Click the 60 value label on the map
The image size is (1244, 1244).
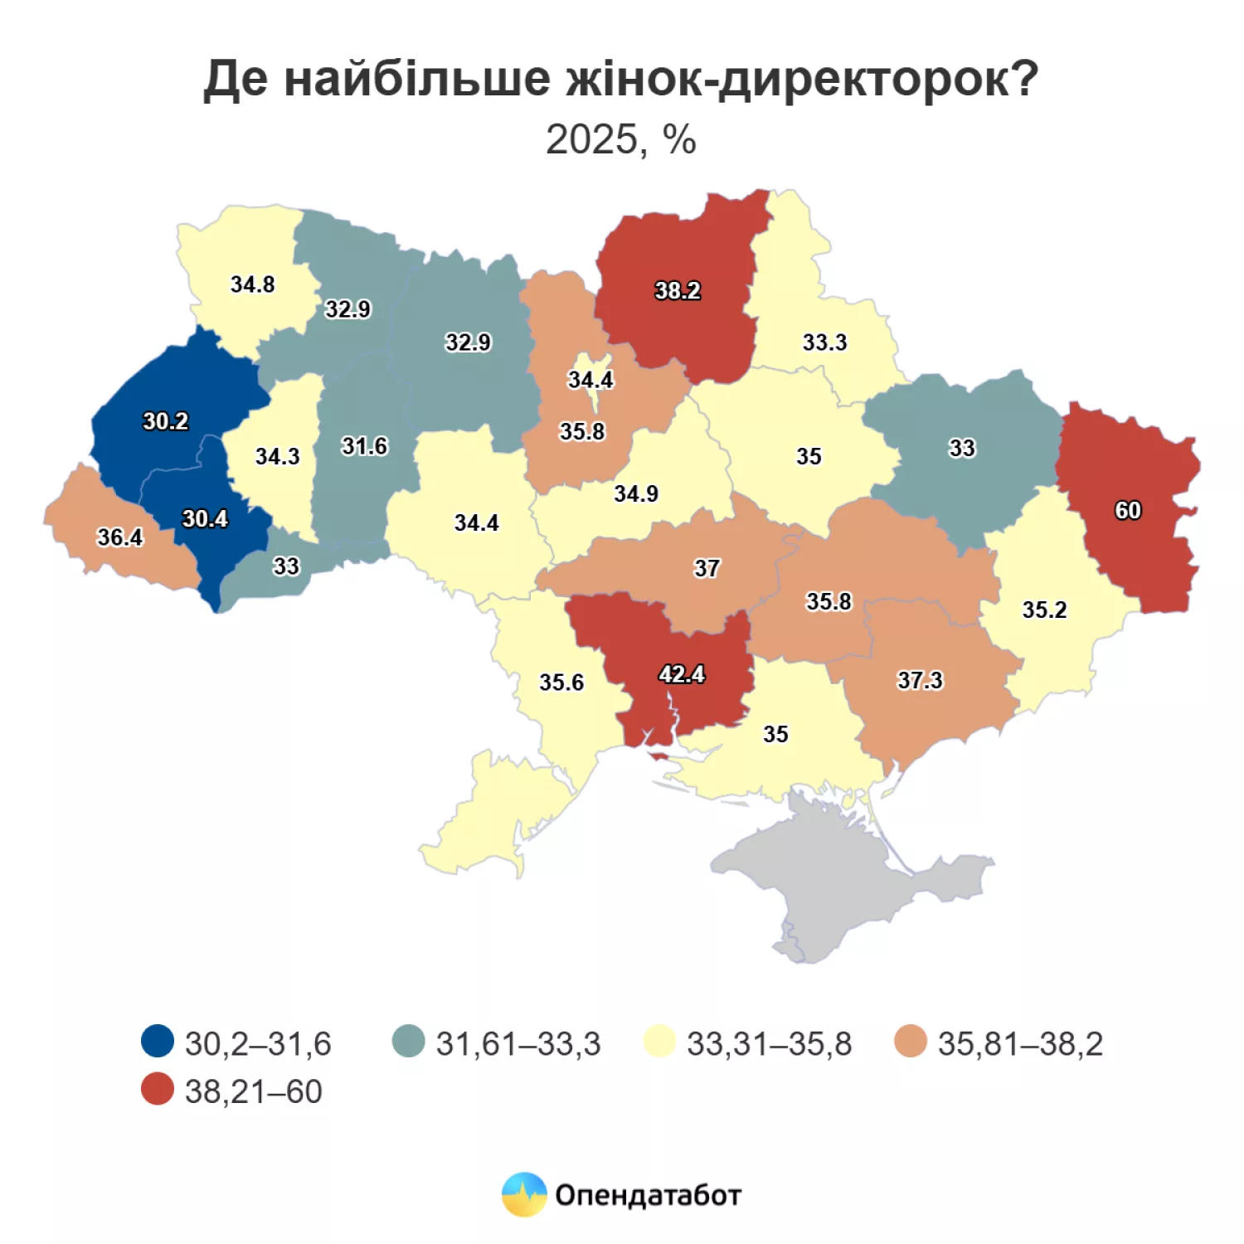click(x=1127, y=510)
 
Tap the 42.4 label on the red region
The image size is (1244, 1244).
click(x=682, y=674)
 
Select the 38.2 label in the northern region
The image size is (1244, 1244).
click(x=678, y=291)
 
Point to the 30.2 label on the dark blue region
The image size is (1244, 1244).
click(x=166, y=421)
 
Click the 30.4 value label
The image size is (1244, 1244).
click(x=205, y=519)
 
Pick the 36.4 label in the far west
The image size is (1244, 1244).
click(x=120, y=537)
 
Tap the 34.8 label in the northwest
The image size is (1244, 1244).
click(x=252, y=284)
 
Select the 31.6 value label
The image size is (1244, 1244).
click(x=365, y=446)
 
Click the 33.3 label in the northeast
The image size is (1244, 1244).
click(x=824, y=343)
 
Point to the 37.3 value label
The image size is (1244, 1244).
click(x=920, y=681)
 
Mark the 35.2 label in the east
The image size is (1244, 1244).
click(x=1044, y=610)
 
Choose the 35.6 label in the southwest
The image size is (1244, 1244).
click(x=561, y=683)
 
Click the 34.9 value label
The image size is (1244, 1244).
click(x=636, y=494)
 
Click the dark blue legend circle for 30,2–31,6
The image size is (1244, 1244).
click(x=158, y=1042)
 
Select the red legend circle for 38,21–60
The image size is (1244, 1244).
click(x=158, y=1090)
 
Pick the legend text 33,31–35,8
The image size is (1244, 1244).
click(x=769, y=1043)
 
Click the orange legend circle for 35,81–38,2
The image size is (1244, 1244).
click(x=911, y=1042)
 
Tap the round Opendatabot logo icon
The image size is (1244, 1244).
click(x=524, y=1195)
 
